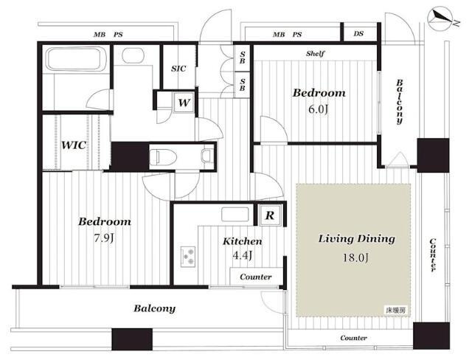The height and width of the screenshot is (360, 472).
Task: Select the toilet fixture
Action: click(x=163, y=156)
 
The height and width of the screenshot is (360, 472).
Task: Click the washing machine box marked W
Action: click(x=184, y=103)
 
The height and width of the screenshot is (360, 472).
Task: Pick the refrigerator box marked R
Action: click(x=270, y=215)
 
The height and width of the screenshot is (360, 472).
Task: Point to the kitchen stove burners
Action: click(x=188, y=257)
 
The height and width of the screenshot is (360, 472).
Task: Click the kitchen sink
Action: click(x=235, y=215)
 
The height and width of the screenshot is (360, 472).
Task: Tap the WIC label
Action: click(x=74, y=145)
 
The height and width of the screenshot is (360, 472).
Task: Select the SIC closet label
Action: click(x=178, y=69)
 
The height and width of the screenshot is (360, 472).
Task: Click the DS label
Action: click(x=358, y=34)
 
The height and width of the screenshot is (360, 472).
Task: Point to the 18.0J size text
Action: click(x=355, y=257)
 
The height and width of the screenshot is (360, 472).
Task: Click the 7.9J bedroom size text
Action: click(x=104, y=238)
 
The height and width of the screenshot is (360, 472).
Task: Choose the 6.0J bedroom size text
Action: click(x=318, y=109)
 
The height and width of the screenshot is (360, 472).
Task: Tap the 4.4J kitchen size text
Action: click(x=243, y=255)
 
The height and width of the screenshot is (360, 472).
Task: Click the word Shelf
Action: click(x=315, y=54)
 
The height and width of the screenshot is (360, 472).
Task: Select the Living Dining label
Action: click(x=357, y=239)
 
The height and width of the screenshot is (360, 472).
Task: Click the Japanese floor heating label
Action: click(x=395, y=310)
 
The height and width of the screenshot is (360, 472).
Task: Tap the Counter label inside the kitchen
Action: click(x=256, y=277)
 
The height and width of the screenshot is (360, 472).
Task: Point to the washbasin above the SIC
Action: click(x=133, y=55)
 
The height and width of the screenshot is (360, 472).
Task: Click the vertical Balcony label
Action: click(x=400, y=102)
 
